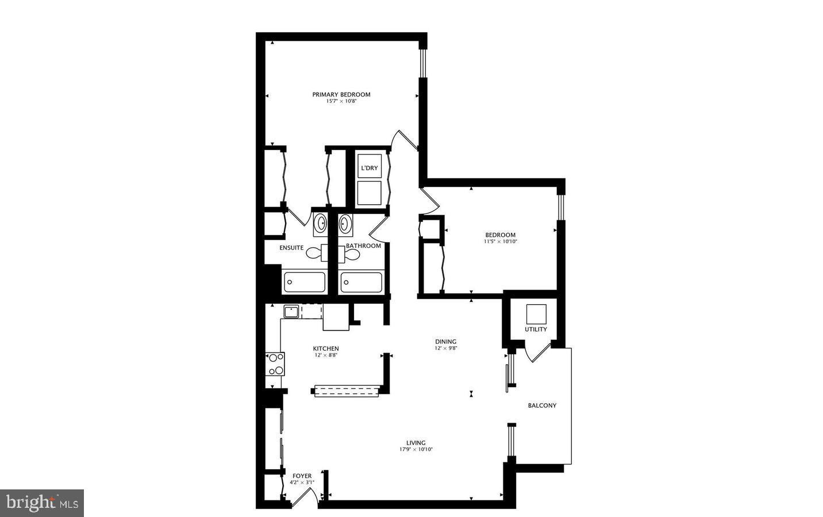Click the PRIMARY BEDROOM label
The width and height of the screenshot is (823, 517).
341,94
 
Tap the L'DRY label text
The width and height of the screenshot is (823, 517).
369,168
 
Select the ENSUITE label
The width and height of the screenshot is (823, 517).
291,248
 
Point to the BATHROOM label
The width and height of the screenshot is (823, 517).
363,246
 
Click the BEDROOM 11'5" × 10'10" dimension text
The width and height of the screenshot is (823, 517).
500,242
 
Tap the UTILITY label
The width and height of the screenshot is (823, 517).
536,330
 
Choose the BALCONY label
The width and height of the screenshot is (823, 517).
542,405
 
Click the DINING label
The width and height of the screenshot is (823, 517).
445,342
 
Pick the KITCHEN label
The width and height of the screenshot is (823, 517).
326,349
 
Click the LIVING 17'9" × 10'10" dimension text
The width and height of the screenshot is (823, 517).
416,449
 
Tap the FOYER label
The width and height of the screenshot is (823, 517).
302,476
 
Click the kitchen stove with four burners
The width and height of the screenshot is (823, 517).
275,364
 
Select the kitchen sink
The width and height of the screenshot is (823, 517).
291,312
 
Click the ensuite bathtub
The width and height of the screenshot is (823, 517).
304,282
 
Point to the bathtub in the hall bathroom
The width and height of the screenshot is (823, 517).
361,282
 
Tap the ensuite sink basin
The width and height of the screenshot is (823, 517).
320,223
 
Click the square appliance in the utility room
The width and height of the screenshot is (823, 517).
536,314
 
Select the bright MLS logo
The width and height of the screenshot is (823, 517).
41,503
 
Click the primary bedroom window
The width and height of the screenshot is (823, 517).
422,63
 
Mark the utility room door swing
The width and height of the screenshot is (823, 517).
534,352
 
